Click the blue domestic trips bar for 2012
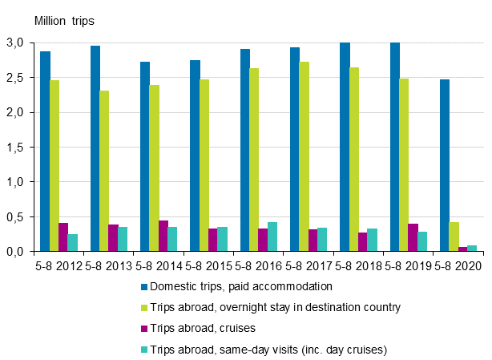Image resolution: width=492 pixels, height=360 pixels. coord(45,152)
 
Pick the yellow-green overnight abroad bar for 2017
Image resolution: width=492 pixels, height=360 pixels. coord(304,156)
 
